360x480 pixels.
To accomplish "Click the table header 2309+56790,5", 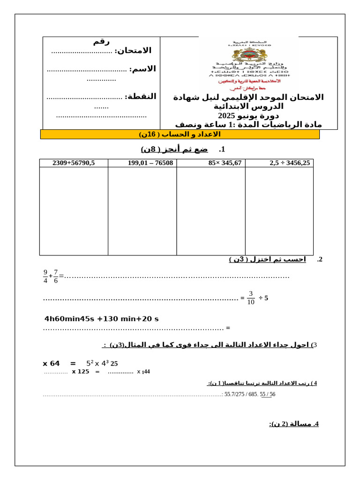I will [74, 163].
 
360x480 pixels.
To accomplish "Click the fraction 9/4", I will [45, 276].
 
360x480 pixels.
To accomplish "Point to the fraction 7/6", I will [56, 276].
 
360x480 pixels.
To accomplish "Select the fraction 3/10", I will [251, 298].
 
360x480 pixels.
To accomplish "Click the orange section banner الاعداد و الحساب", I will [180, 135].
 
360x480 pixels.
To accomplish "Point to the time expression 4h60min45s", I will [69, 319].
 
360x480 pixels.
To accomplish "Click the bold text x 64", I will [52, 363].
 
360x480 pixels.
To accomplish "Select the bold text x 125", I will [80, 372].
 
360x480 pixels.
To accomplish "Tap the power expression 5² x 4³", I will [97, 363].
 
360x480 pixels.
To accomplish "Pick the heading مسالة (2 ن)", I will [294, 424].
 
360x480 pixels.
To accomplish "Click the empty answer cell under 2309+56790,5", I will [74, 211].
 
